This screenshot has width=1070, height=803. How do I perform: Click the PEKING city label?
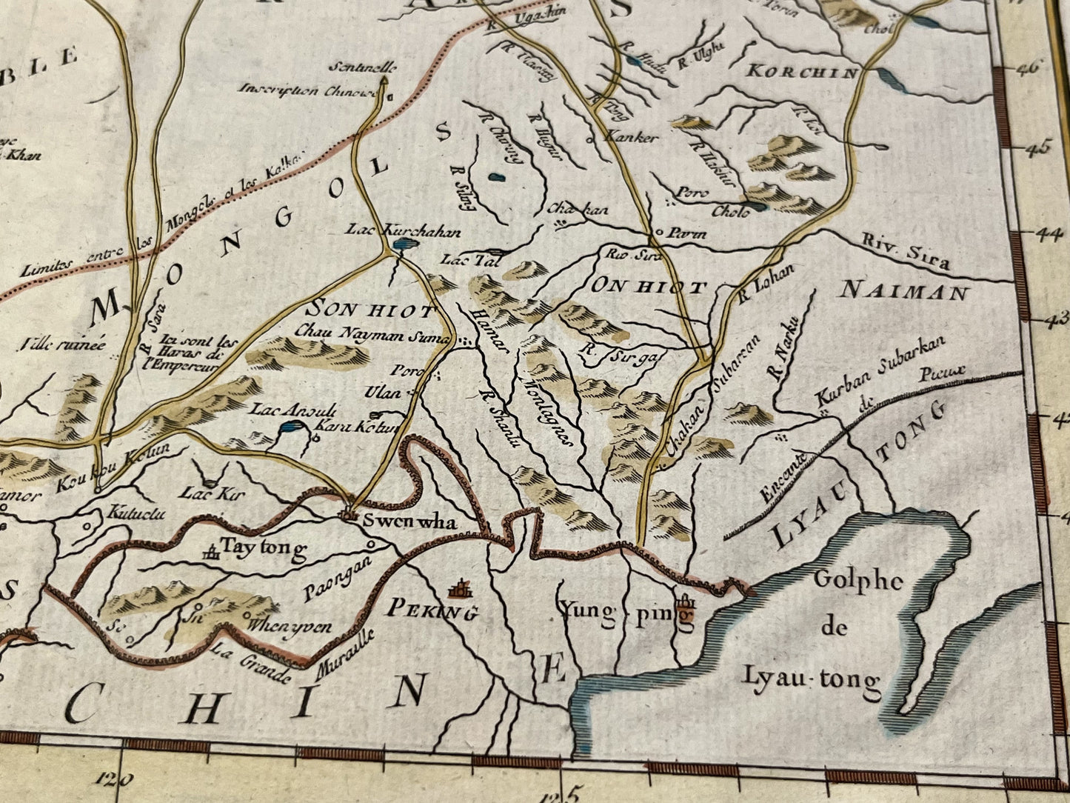point(432,612)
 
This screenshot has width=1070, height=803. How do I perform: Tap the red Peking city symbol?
point(461,590)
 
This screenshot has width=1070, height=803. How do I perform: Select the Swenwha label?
point(409,522)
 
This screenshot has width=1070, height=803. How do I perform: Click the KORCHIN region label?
point(802,72)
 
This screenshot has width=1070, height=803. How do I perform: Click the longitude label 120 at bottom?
point(115,778)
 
